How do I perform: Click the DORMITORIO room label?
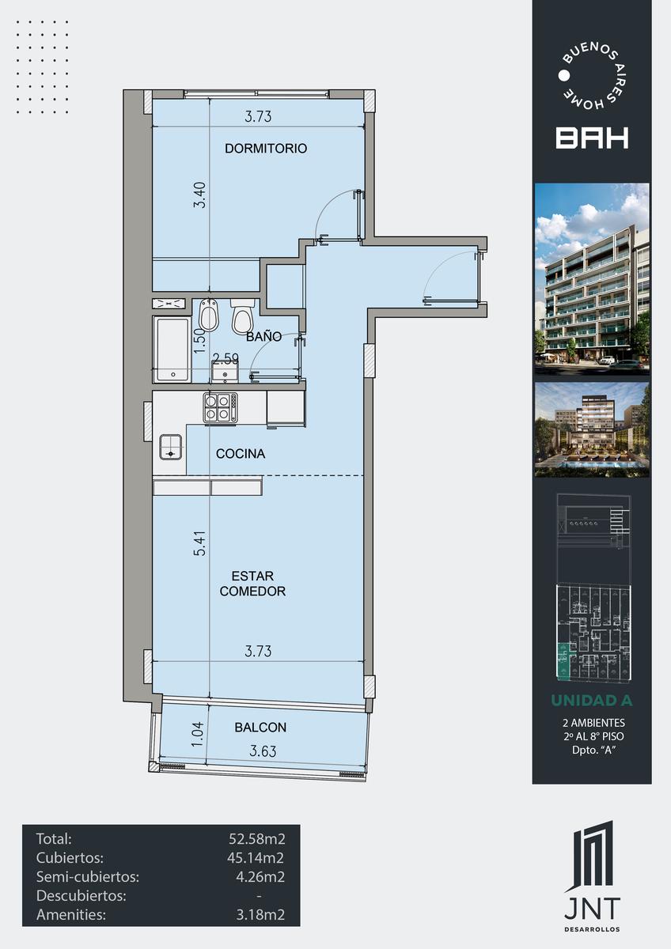pos(266,149)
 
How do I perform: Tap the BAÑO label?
pos(263,336)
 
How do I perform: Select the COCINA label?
pos(241,454)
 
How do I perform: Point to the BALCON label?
pos(260,728)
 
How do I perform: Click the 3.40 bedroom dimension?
pos(199,195)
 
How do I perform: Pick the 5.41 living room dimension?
pos(199,543)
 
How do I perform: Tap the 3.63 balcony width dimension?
pos(263,751)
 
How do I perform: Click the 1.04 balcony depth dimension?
pos(198,735)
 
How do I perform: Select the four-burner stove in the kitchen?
pos(220,407)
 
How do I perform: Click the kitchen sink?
pos(171,447)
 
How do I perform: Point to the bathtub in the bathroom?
pos(172,350)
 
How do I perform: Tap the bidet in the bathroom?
pos(207,316)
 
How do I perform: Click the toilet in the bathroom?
pos(242,316)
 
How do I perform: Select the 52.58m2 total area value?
pos(257,838)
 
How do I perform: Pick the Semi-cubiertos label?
pos(88,876)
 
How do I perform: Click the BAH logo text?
pos(592,138)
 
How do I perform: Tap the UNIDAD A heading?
pos(592,701)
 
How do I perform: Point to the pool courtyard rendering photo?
pos(592,429)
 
